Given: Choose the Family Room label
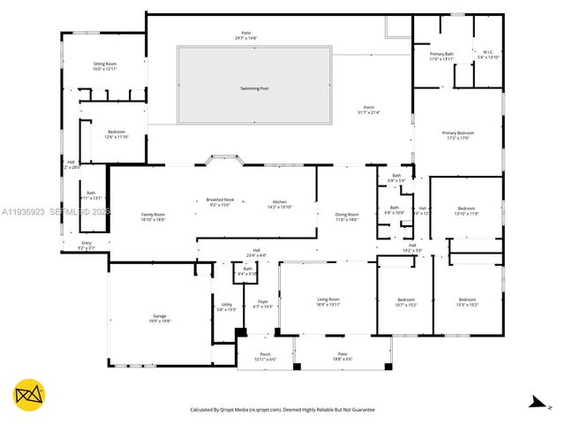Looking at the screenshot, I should pos(153,216).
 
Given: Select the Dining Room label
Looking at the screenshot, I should pos(347,216).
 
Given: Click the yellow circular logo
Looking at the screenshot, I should pos(29,394).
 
